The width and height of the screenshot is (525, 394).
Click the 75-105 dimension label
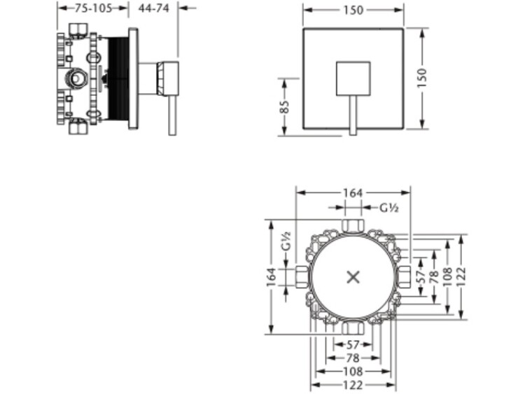[x=93, y=8]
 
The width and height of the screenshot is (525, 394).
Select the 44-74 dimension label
[x=154, y=8]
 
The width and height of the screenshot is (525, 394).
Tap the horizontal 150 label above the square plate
[x=353, y=10]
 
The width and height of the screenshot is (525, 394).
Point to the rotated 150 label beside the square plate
[x=422, y=78]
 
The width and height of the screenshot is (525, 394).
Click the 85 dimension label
[x=285, y=107]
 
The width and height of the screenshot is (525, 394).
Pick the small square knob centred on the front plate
[x=353, y=78]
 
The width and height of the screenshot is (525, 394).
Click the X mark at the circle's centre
[x=353, y=277]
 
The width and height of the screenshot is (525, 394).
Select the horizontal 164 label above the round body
[x=353, y=193]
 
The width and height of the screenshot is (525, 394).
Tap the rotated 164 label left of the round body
[x=272, y=277]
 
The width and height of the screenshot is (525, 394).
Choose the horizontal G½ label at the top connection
[x=389, y=208]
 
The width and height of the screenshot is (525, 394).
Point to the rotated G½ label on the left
[x=286, y=241]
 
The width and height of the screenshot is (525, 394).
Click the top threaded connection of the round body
[x=353, y=225]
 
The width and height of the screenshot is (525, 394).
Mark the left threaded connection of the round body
[x=302, y=277]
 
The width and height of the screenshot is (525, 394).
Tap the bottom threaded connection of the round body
[x=353, y=328]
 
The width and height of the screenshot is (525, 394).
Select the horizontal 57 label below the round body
[x=353, y=344]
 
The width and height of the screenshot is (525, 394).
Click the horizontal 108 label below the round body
[x=353, y=371]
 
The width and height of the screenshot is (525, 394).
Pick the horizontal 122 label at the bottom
[x=353, y=385]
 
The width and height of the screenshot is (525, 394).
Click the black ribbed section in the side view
[x=119, y=78]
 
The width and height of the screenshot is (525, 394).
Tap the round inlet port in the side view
[x=77, y=78]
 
